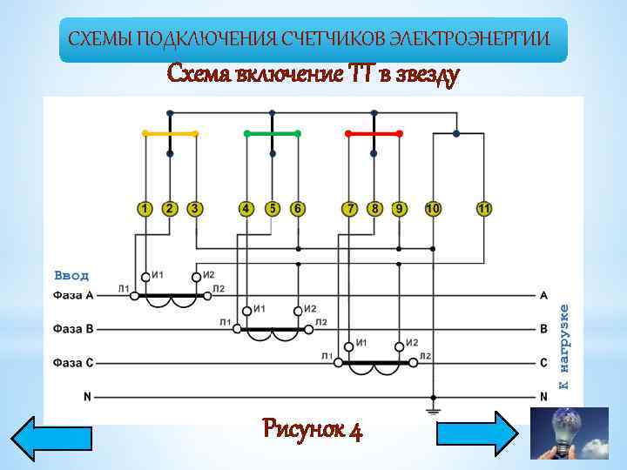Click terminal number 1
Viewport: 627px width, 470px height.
(x=145, y=209)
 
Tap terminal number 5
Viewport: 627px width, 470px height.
(x=273, y=209)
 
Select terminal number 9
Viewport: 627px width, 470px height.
(x=399, y=209)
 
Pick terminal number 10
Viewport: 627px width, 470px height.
(x=433, y=209)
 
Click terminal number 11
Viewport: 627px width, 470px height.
(x=484, y=209)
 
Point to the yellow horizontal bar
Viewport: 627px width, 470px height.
(x=170, y=133)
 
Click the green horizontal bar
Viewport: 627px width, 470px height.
(x=272, y=133)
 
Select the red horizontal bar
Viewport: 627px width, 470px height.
(x=374, y=133)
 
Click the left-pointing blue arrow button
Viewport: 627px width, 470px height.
(x=50, y=438)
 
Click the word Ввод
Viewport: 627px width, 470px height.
(x=71, y=275)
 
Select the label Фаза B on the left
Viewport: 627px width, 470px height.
(x=73, y=329)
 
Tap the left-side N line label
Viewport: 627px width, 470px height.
(x=87, y=397)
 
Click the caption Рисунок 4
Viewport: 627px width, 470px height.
(x=313, y=429)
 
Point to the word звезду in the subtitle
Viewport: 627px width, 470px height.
(x=421, y=75)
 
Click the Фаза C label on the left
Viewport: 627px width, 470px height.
(x=73, y=362)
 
